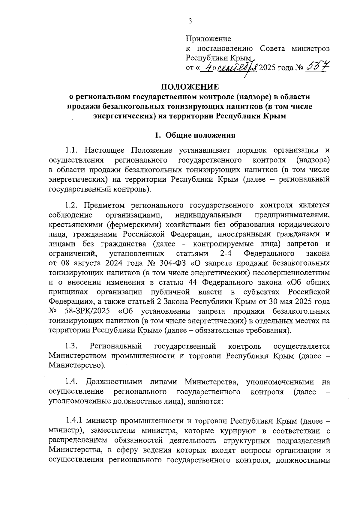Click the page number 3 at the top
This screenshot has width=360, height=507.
point(190,21)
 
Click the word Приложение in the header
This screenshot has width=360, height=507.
point(208,39)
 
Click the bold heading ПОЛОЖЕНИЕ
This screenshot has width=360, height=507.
point(190,87)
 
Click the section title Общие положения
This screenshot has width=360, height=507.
point(200,135)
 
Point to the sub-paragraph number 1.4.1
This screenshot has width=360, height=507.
point(74,421)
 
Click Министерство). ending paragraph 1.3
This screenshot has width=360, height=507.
point(77,365)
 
